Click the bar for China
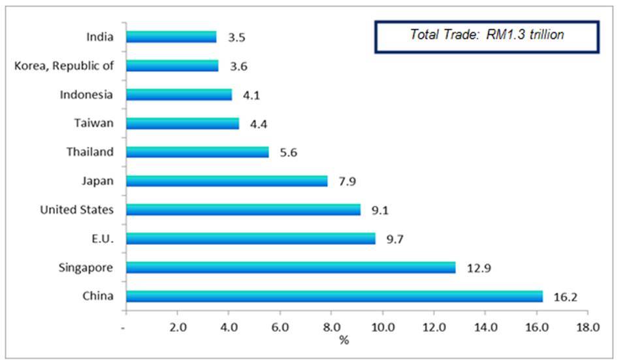coord(334,296)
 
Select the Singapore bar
coord(291,267)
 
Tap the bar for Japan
coord(227,181)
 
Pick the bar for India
coord(171,37)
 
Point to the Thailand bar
coord(197,152)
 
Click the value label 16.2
coord(566,297)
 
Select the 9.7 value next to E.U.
coord(396,239)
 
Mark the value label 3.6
coord(238,66)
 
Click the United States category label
coord(76,210)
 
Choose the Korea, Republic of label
coord(63,65)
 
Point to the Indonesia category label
coord(86,95)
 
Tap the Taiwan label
coord(94,123)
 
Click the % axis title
coord(344,340)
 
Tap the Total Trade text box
coord(487,36)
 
